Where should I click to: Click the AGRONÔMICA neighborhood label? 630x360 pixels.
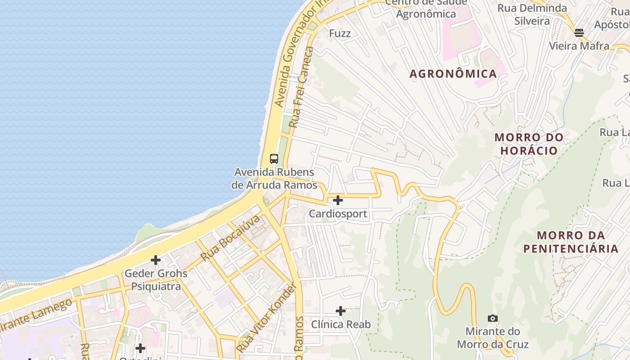[453, 74]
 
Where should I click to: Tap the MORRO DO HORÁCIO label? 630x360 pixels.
[529, 144]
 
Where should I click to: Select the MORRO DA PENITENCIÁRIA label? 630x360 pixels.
[571, 242]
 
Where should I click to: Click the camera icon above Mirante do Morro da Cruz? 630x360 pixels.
[493, 319]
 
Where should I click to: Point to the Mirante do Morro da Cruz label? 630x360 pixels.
[493, 338]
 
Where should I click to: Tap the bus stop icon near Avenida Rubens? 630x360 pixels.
[274, 158]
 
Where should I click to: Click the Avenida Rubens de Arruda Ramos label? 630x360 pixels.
[274, 179]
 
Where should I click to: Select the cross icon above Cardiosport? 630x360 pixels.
[338, 200]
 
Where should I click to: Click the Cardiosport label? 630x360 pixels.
[338, 214]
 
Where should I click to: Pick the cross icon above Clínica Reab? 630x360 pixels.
[341, 310]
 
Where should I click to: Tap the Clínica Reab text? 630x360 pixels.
[341, 324]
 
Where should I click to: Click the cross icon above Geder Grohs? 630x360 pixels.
[156, 260]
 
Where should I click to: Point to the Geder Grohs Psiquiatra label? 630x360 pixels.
[156, 279]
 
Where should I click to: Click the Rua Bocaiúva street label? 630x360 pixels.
[230, 238]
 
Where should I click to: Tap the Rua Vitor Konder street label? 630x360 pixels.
[267, 317]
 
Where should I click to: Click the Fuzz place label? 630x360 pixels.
[340, 33]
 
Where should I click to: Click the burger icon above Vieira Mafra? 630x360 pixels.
[579, 32]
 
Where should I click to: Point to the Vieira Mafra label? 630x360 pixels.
[579, 46]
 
